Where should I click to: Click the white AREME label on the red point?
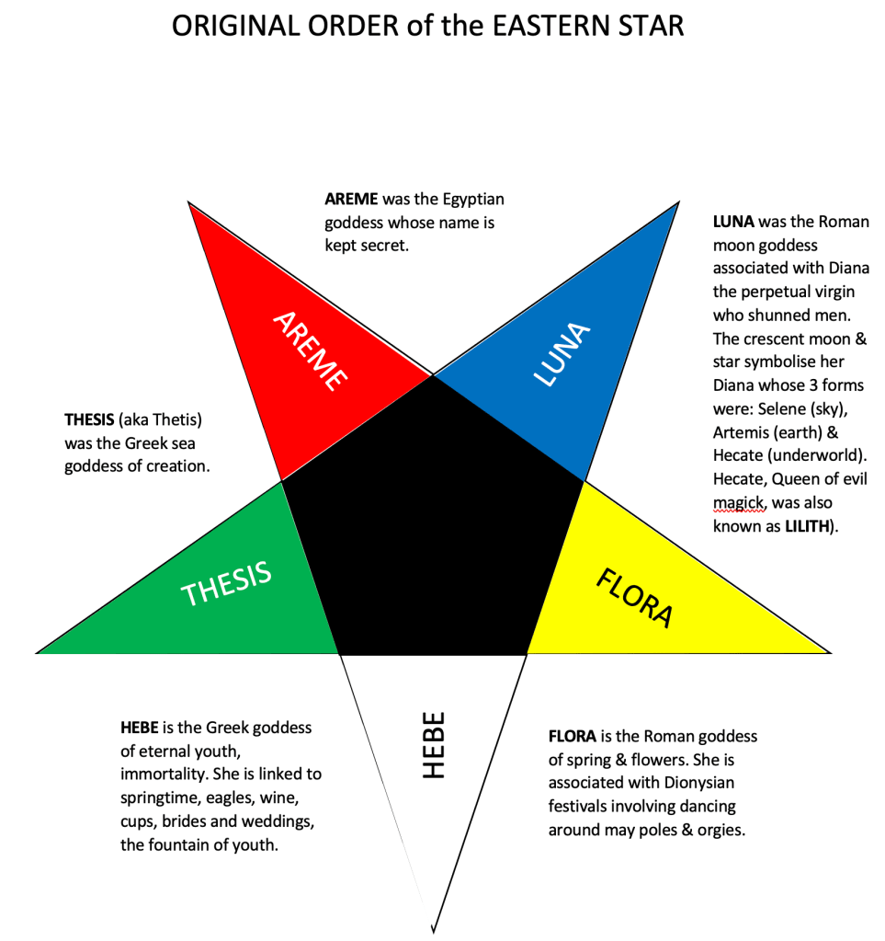[310, 350]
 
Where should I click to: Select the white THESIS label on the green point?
[227, 584]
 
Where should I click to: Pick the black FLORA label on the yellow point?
[635, 598]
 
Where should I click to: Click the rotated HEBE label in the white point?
[433, 744]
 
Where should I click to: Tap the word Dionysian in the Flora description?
[695, 783]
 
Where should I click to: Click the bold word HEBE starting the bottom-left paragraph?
[141, 728]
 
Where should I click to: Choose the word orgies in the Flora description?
[719, 830]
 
